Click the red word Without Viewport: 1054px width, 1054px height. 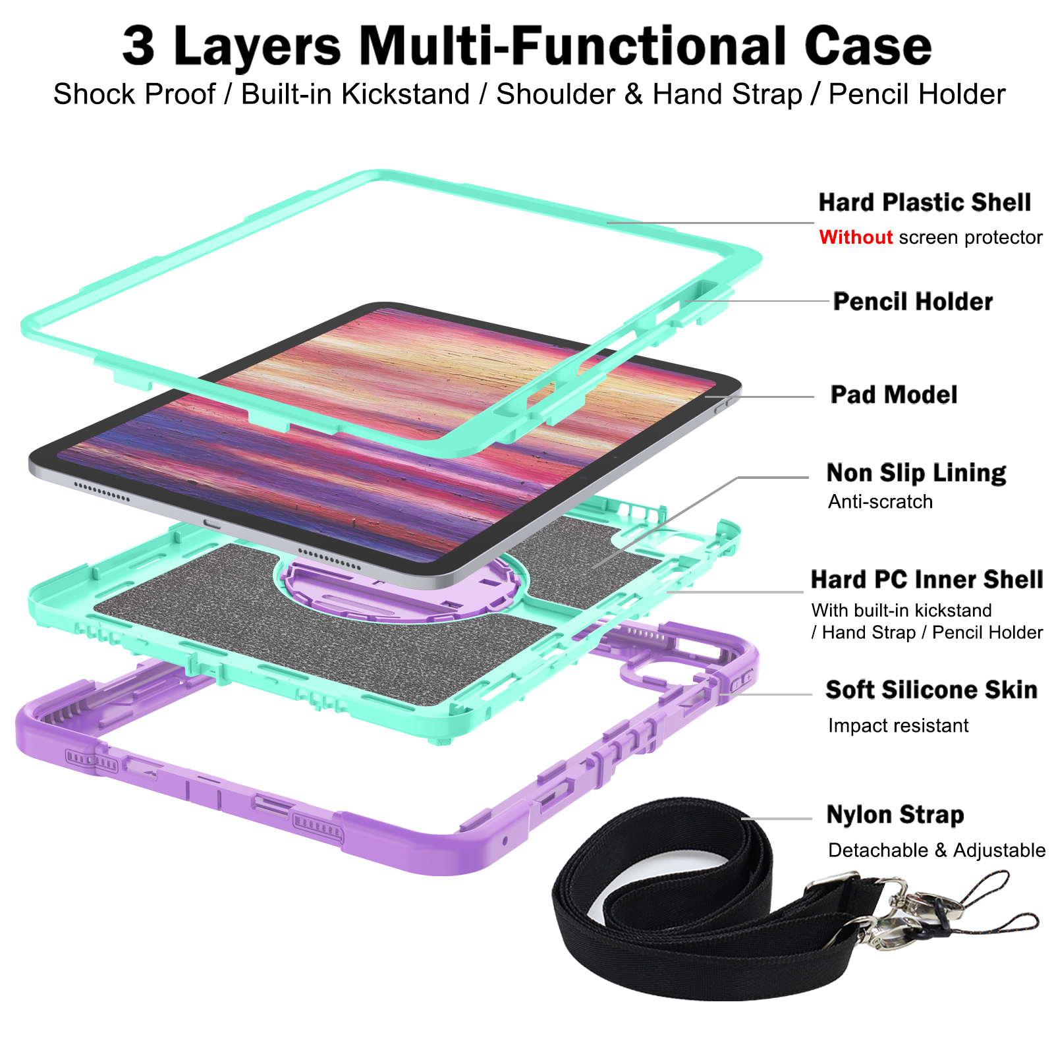[856, 237]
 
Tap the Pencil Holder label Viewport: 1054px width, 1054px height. [912, 302]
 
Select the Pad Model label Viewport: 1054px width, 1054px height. [893, 395]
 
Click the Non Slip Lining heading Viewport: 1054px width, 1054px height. [916, 473]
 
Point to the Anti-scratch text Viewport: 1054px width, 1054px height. [880, 502]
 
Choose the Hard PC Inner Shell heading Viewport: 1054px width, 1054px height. [926, 580]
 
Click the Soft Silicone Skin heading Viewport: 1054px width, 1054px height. [931, 690]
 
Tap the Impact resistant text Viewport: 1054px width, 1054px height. [898, 726]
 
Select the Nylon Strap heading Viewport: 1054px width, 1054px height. [895, 815]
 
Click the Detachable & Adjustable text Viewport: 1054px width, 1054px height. [936, 850]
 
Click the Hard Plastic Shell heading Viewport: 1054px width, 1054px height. [924, 203]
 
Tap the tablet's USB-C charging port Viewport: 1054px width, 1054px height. [212, 524]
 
